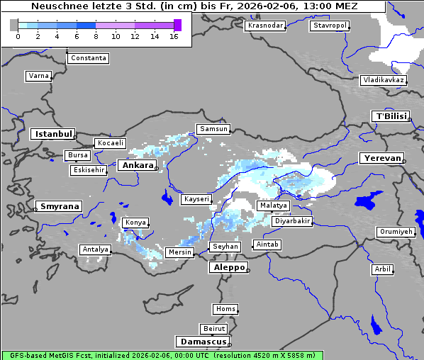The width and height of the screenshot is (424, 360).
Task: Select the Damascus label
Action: pyautogui.click(x=203, y=342)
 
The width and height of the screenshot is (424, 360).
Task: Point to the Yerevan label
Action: pyautogui.click(x=381, y=158)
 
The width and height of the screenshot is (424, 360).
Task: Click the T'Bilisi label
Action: pyautogui.click(x=390, y=116)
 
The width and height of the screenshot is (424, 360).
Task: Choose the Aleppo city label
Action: pyautogui.click(x=228, y=267)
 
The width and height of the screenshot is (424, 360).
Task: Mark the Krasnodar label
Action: pyautogui.click(x=265, y=26)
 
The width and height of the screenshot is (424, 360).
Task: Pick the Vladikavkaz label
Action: pyautogui.click(x=383, y=80)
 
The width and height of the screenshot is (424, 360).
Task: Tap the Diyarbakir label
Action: pyautogui.click(x=291, y=221)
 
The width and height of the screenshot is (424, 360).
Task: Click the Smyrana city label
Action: pyautogui.click(x=60, y=206)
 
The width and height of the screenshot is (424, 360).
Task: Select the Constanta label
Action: pyautogui.click(x=89, y=58)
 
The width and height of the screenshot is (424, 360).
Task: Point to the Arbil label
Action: pyautogui.click(x=382, y=269)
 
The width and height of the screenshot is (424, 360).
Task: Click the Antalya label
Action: pyautogui.click(x=95, y=249)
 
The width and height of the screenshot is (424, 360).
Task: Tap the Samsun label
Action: pyautogui.click(x=213, y=129)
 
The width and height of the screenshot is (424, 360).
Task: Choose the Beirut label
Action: pyautogui.click(x=213, y=329)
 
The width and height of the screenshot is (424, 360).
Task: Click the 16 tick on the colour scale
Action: pyautogui.click(x=174, y=37)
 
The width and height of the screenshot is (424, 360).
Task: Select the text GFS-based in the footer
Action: pyautogui.click(x=27, y=355)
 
